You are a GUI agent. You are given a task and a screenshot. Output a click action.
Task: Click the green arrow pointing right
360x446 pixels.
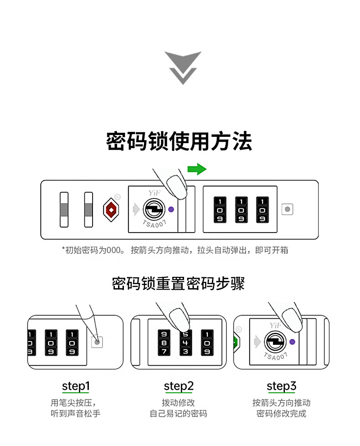(x=197, y=169)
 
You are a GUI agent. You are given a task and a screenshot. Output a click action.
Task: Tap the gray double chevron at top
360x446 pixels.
(x=183, y=67)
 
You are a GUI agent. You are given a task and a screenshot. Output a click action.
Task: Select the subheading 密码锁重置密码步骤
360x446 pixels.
(x=179, y=283)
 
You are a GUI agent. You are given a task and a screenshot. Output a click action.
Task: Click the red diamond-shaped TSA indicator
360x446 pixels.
(x=110, y=210)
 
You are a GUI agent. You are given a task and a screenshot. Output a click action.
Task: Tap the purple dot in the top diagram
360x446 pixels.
(x=171, y=209)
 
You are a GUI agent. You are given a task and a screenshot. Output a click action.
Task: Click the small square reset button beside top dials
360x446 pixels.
(x=287, y=210)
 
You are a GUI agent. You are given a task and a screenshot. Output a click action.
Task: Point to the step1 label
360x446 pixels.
(x=76, y=387)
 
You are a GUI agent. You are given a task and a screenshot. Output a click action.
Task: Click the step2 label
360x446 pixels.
(x=179, y=387)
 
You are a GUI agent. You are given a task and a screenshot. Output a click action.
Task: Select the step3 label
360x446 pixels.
(x=281, y=387)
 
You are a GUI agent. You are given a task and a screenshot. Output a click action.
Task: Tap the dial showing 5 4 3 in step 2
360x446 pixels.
(x=185, y=342)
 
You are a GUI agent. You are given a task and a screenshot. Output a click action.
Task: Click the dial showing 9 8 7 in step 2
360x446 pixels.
(x=164, y=342)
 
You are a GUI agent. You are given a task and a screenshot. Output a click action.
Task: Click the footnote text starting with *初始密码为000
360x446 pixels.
(x=175, y=250)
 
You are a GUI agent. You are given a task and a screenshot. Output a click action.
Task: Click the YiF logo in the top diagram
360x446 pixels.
(x=149, y=194)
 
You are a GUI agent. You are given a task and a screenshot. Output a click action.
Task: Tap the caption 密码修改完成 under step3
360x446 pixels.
(x=281, y=414)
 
